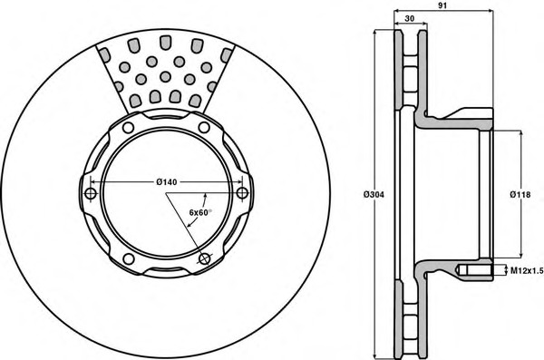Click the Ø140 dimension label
click(x=167, y=182)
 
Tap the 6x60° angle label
click(x=199, y=212)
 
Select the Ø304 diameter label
click(x=374, y=195)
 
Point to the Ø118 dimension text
click(x=520, y=195)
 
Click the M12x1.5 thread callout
click(x=526, y=271)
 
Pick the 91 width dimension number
click(x=442, y=5)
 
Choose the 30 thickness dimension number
click(x=410, y=19)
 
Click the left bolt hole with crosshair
click(x=91, y=193)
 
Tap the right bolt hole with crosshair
click(x=242, y=193)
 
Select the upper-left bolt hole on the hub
click(x=129, y=128)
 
